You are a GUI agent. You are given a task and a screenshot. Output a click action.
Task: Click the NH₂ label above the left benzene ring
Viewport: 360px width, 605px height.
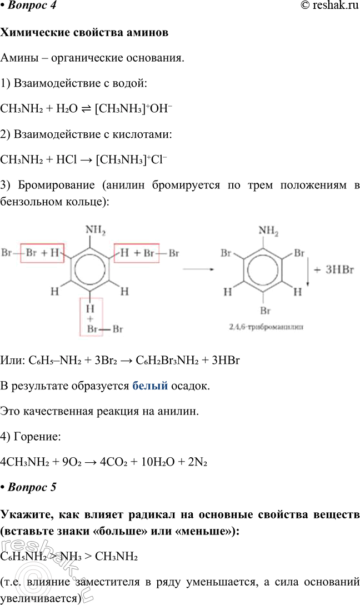pyautogui.click(x=95, y=229)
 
